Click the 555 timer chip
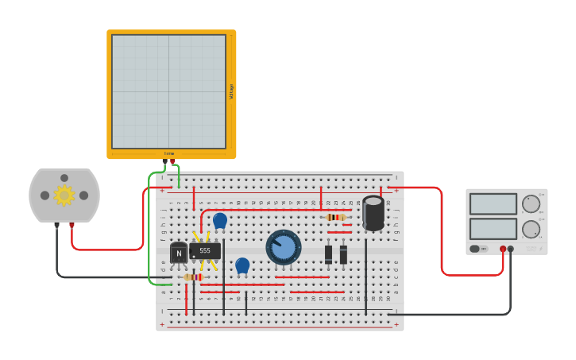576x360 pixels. coord(205,250)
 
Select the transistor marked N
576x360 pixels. coord(179,253)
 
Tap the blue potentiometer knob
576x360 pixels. coord(284,248)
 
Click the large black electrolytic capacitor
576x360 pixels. coord(373,213)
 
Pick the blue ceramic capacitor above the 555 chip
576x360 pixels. coord(220,220)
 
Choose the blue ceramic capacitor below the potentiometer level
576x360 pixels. coord(242,265)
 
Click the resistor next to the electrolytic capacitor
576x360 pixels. coord(336,217)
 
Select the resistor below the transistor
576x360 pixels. coord(192,277)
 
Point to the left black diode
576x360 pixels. coord(328,254)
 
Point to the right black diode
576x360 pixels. coord(343,254)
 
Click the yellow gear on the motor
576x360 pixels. coord(64,195)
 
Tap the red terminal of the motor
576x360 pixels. coord(72,225)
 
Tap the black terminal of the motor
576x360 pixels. coord(56,225)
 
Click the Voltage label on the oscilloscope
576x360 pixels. coord(231,91)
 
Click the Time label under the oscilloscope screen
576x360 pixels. coord(168,153)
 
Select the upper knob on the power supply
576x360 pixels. coord(531,204)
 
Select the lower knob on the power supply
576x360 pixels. coord(531,230)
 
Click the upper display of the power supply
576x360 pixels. coord(493,204)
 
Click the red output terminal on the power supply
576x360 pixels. coord(503,249)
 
